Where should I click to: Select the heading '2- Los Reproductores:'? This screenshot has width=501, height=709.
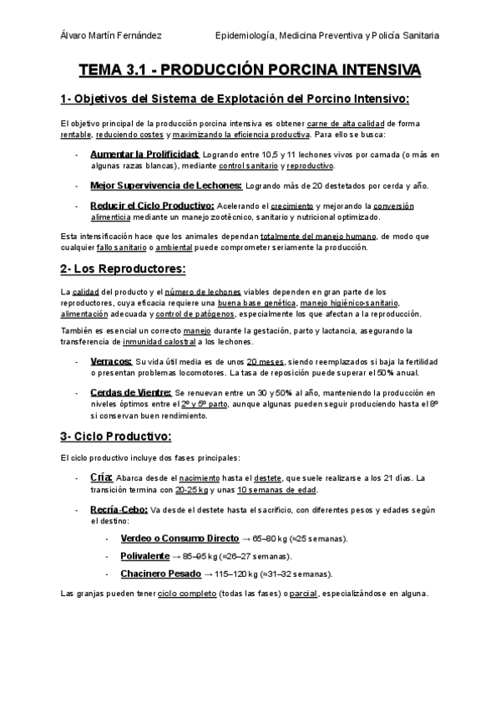click(x=123, y=268)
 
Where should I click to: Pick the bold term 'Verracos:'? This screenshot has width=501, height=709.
click(x=110, y=360)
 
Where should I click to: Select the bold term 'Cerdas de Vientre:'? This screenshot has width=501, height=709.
click(x=131, y=392)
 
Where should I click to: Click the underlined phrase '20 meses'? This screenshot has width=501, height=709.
click(x=270, y=361)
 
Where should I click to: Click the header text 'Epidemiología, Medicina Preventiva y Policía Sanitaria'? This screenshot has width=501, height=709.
click(x=327, y=36)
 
